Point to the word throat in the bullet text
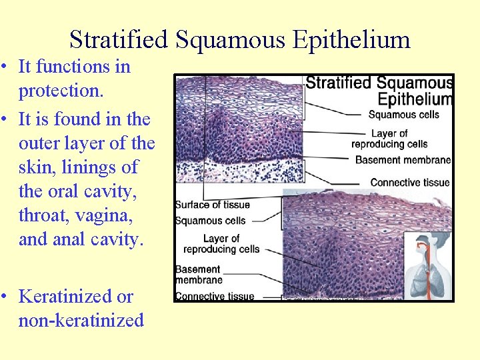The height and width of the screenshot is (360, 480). [40, 215]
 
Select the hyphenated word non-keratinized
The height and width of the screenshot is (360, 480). [81, 321]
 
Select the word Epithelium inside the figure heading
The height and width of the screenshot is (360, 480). [414, 99]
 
